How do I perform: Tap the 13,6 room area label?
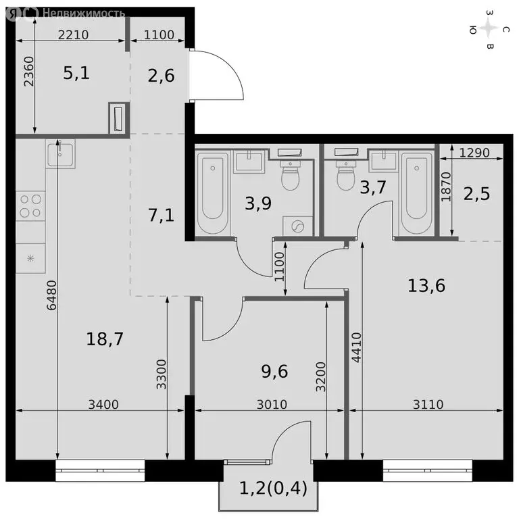[426, 285]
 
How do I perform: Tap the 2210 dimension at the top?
[71, 35]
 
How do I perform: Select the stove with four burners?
[30, 205]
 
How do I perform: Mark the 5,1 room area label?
[76, 73]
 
